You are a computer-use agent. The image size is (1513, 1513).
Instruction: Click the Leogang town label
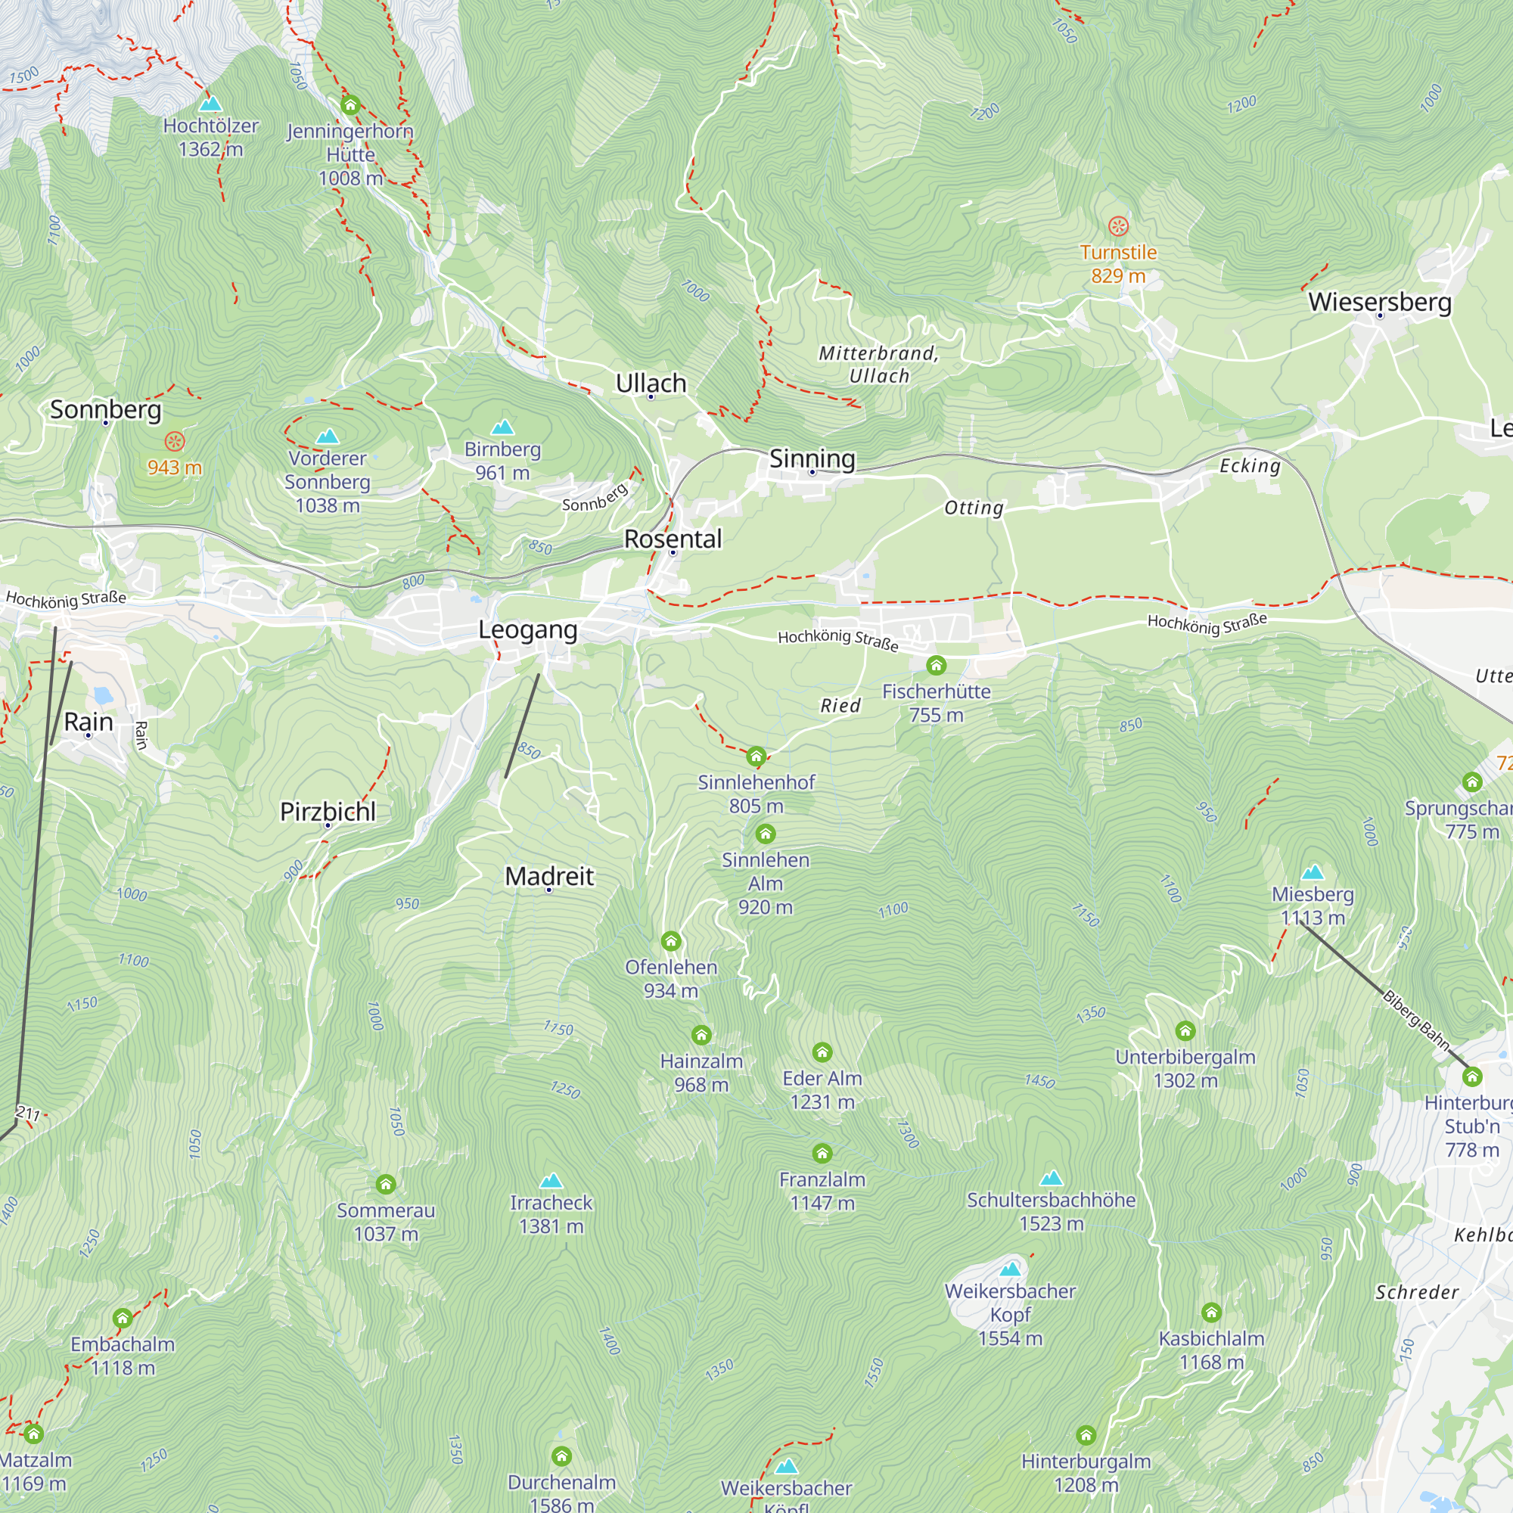click(528, 629)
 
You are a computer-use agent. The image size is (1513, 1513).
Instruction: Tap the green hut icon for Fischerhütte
click(936, 666)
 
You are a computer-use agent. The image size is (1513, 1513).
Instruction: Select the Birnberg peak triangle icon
click(502, 427)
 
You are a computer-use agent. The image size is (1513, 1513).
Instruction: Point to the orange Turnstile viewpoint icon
click(1118, 226)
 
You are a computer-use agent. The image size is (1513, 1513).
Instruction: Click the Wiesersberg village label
click(1379, 302)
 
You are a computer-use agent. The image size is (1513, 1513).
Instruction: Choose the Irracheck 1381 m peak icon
click(551, 1180)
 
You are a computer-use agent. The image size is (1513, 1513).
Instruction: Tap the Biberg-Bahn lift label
click(1416, 1021)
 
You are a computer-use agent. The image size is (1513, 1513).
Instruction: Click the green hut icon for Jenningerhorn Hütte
click(350, 104)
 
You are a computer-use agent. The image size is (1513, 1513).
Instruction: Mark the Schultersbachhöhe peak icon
click(1051, 1178)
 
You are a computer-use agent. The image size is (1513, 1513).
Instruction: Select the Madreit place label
click(549, 875)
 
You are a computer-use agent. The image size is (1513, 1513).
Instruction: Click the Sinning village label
click(812, 458)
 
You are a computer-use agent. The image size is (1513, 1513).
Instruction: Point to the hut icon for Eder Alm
click(822, 1052)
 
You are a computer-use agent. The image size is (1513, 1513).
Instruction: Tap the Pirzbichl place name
click(328, 811)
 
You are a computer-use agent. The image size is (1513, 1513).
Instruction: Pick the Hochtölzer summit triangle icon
click(210, 104)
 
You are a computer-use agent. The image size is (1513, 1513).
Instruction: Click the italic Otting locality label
click(974, 508)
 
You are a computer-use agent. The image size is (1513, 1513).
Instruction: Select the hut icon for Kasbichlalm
click(1211, 1312)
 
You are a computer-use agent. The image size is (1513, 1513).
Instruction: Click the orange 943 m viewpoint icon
click(175, 441)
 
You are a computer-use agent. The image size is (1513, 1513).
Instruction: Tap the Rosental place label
click(673, 539)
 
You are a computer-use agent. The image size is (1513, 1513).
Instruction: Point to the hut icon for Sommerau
click(385, 1184)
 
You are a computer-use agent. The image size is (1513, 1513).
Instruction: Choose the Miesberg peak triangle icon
click(1313, 872)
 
